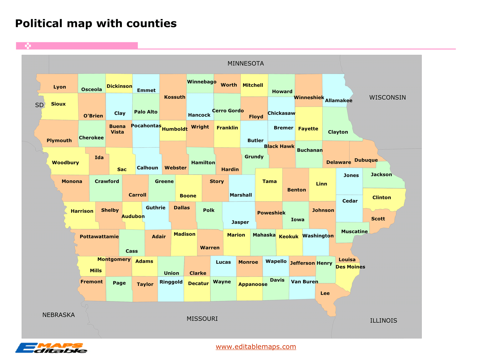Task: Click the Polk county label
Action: pos(209,210)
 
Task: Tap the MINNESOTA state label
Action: pos(245,63)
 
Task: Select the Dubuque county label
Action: pos(366,160)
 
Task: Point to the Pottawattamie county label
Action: pos(99,236)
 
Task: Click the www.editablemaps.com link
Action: pos(255,347)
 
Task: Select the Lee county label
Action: pos(325,293)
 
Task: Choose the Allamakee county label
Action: pos(338,100)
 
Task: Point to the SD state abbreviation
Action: pos(39,105)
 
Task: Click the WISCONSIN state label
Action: pos(387,98)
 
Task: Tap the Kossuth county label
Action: pos(174,97)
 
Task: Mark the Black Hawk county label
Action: pos(279,146)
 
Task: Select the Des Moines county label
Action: pos(350,267)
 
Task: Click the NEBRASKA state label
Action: pos(58,315)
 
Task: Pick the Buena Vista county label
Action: pos(117,129)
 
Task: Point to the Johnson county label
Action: pos(323,210)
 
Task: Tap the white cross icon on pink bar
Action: pos(28,46)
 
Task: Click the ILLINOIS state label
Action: pos(383,321)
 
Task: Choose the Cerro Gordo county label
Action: pos(228,111)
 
